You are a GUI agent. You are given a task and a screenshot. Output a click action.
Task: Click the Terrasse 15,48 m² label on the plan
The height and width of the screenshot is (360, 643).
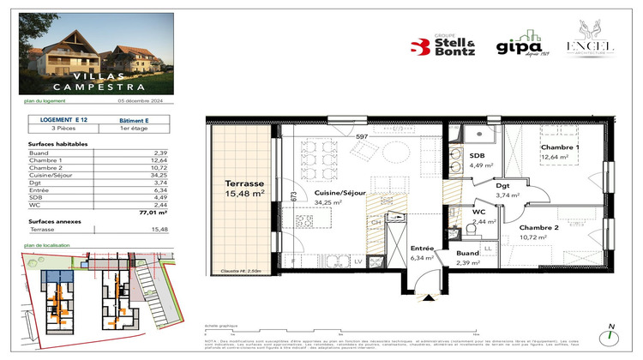coord(243,189)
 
